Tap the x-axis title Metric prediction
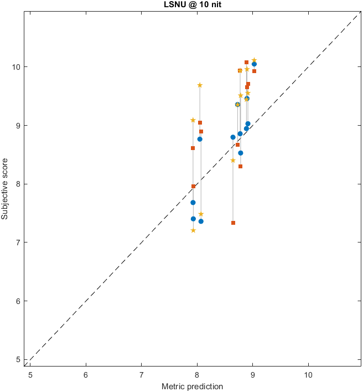click(x=191, y=386)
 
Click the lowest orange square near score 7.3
click(x=233, y=223)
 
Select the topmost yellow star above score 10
click(x=254, y=60)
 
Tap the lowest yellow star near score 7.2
click(x=193, y=230)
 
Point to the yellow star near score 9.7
click(x=200, y=85)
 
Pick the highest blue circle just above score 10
click(x=254, y=64)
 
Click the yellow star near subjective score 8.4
click(x=233, y=160)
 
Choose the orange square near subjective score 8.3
click(x=240, y=166)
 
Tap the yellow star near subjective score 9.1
click(x=193, y=120)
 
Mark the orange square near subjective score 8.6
click(x=193, y=148)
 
